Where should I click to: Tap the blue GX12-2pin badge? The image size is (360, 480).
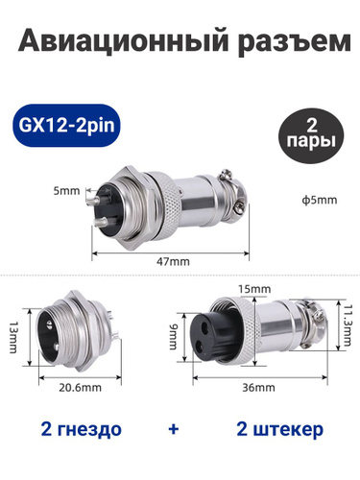(66, 125)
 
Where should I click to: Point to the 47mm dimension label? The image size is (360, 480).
(173, 262)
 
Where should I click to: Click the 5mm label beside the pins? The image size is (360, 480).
(66, 191)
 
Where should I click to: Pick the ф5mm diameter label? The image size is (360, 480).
(319, 201)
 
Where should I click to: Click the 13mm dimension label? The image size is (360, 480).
(13, 337)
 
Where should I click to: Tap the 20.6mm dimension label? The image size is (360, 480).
(80, 388)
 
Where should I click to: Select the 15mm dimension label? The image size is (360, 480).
(254, 289)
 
